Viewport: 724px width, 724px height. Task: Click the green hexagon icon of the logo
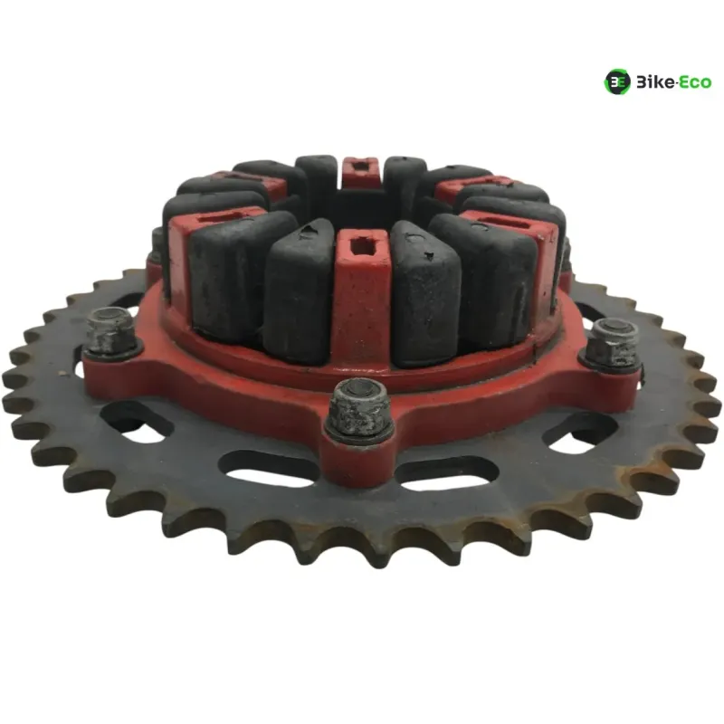[617, 82]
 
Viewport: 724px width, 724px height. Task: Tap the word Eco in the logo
[695, 82]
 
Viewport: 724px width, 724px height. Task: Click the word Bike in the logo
[655, 82]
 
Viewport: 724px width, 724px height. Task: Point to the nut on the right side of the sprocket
[613, 344]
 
